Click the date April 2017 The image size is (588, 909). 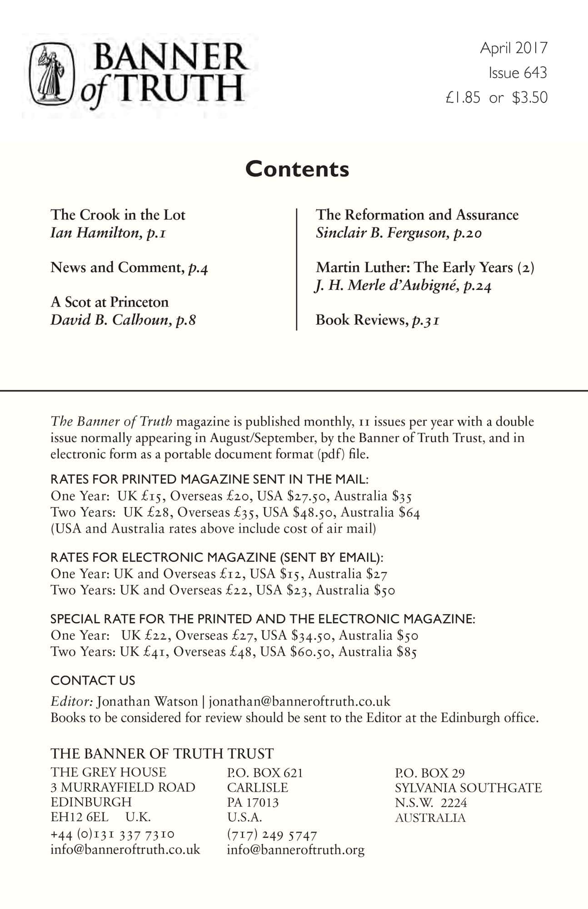(514, 48)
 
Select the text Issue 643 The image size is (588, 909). (518, 73)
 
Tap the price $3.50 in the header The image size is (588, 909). (530, 98)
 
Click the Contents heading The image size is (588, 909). (297, 169)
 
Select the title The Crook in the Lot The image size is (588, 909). (118, 215)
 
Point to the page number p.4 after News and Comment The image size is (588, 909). (198, 268)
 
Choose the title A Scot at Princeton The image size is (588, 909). (110, 302)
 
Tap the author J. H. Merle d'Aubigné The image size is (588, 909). (386, 286)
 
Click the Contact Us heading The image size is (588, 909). (93, 680)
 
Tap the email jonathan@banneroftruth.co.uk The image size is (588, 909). (299, 701)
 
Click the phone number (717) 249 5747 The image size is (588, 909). (272, 835)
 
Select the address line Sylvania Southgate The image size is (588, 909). (468, 788)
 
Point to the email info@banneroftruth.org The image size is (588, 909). (295, 849)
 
